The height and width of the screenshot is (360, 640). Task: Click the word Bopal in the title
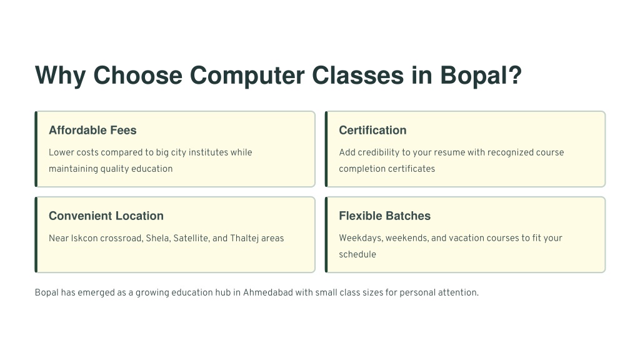coord(481,76)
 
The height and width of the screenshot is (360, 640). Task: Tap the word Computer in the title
coord(247,76)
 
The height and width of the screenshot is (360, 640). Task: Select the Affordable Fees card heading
coord(92,130)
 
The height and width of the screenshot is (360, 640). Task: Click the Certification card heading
coord(372,130)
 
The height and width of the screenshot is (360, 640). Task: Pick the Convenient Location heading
coord(106,216)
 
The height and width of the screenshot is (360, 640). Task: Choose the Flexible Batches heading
coord(385,216)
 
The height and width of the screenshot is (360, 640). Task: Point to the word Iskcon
coord(84,238)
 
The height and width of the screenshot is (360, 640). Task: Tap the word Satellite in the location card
coord(192,238)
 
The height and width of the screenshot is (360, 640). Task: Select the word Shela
coord(157,238)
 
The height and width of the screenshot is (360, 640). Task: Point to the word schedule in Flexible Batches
coord(357,254)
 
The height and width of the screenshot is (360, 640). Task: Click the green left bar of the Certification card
coord(326,149)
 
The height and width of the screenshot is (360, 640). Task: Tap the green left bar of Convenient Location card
coord(36,235)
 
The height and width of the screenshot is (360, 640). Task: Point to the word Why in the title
coord(61,76)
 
